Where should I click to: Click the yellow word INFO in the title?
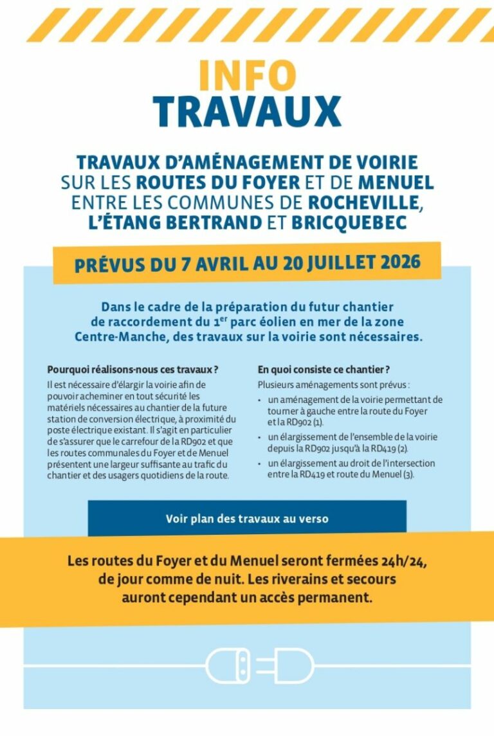pyautogui.click(x=246, y=76)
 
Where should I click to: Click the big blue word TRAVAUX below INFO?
pyautogui.click(x=246, y=112)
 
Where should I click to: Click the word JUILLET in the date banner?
pyautogui.click(x=333, y=262)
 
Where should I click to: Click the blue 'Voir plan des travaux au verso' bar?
pyautogui.click(x=247, y=518)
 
